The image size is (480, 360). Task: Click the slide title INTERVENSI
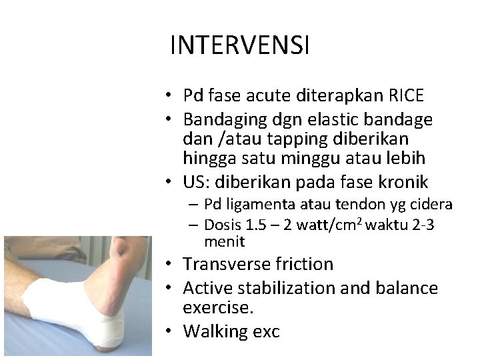(239, 45)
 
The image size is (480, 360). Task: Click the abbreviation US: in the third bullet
(197, 182)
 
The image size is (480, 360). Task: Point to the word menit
(225, 241)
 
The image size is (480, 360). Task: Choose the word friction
(300, 264)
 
